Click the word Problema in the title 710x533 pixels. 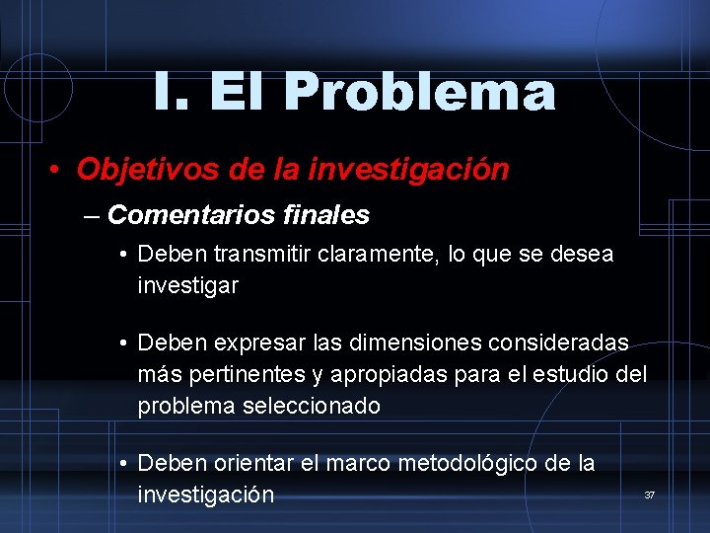[420, 93]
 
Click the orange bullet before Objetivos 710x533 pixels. [57, 171]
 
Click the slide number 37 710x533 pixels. [649, 494]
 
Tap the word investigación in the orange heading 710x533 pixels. [409, 170]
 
